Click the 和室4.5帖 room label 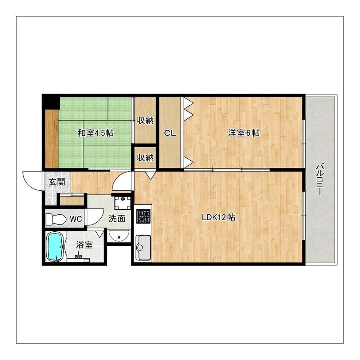tap(95, 133)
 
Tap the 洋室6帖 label tap(244, 133)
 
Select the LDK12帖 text tap(219, 217)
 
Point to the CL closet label tap(170, 133)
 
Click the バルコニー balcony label tap(320, 179)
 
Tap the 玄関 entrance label tap(57, 182)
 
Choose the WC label tap(76, 219)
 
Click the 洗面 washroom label tap(117, 219)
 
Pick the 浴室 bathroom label tap(85, 245)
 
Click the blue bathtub tap(55, 247)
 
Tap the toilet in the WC tap(56, 220)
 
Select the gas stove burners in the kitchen tap(144, 216)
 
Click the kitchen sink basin tap(143, 247)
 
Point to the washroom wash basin tap(119, 236)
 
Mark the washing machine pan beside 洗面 tap(122, 203)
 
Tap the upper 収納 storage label tap(145, 120)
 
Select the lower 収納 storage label tap(145, 157)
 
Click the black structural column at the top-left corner tap(51, 102)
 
